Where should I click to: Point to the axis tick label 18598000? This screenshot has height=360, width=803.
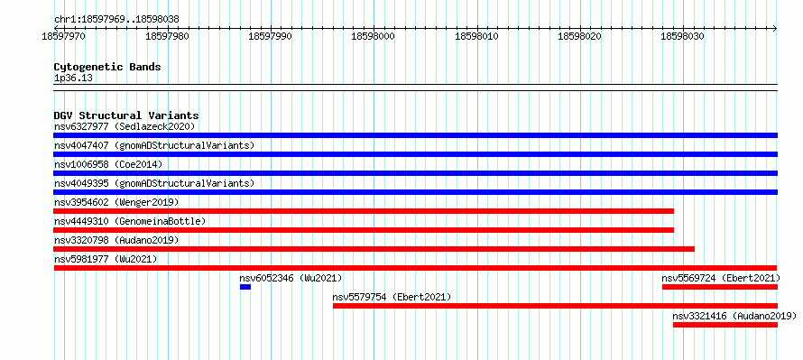click(373, 36)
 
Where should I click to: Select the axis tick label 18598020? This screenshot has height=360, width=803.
click(579, 36)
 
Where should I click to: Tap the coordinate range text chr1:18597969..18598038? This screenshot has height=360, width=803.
click(116, 20)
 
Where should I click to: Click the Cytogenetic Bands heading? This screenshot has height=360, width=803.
click(107, 67)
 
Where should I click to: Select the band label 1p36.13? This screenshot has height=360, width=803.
click(73, 78)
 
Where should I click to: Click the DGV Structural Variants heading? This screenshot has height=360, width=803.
click(126, 115)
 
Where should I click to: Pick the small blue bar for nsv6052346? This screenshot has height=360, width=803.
click(245, 287)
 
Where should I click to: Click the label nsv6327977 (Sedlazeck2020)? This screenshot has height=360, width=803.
click(125, 126)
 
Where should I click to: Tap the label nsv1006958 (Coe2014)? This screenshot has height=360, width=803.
click(108, 164)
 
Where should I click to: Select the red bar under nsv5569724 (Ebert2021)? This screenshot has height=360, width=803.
click(719, 287)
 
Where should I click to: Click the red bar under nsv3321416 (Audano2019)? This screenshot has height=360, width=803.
click(725, 325)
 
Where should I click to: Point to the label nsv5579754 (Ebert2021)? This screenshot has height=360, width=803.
click(392, 297)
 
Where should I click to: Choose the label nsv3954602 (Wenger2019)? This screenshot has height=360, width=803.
click(116, 202)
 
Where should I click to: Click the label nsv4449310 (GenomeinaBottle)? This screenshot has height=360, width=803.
click(130, 221)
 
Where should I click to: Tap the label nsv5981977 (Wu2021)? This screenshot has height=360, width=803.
click(106, 259)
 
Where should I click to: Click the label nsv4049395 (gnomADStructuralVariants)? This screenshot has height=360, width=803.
click(154, 183)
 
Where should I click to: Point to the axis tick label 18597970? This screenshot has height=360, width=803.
click(64, 36)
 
